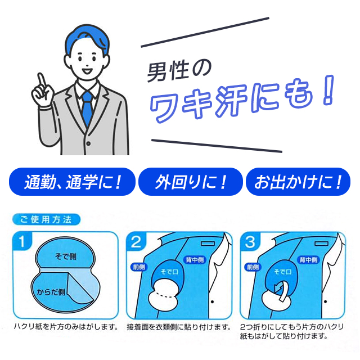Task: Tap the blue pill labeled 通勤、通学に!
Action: tap(73, 182)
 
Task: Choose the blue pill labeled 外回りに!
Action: tap(191, 182)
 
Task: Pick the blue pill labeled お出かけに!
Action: tap(298, 182)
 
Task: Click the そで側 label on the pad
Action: tap(65, 256)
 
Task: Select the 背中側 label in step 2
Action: tap(195, 259)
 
